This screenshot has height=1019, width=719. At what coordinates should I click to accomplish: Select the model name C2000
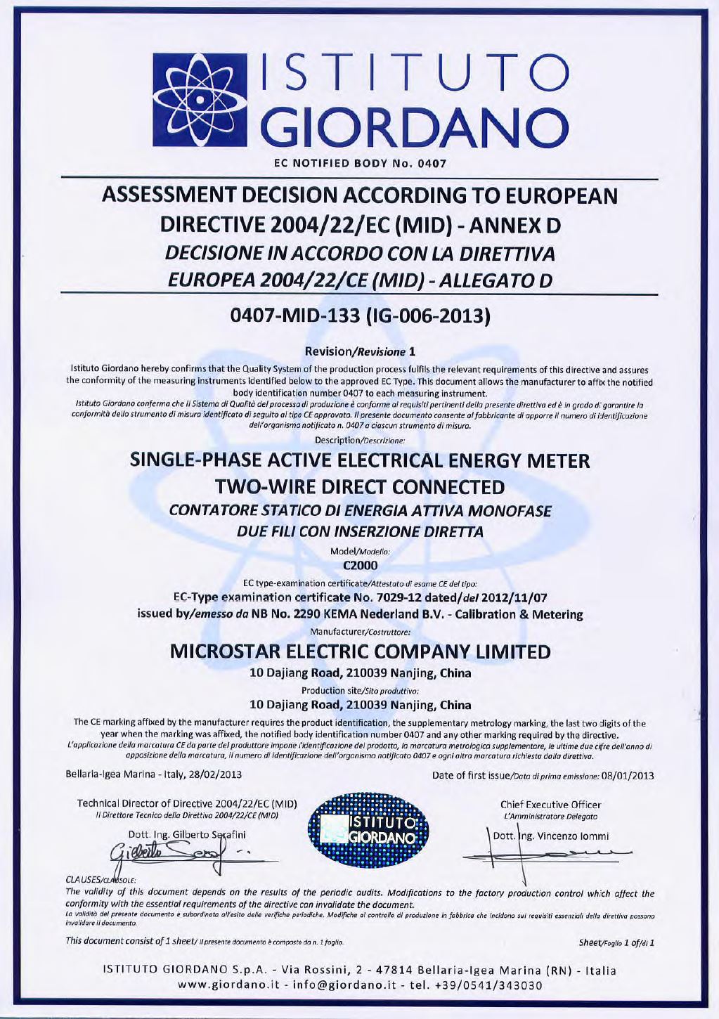click(360, 564)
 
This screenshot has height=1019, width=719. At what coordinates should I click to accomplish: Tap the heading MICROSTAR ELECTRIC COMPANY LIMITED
click(360, 652)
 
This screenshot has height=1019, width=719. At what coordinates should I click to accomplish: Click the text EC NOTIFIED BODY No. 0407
click(360, 165)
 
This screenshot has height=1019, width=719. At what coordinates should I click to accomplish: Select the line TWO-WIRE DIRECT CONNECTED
click(360, 486)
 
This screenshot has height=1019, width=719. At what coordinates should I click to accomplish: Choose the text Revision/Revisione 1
click(360, 351)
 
